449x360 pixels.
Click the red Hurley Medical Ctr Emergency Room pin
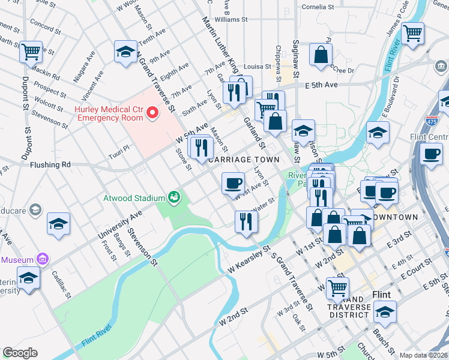point(152,112)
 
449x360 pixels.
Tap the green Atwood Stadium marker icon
point(174,197)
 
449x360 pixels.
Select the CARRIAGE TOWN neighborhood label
point(243,160)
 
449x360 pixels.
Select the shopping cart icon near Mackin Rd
point(31,51)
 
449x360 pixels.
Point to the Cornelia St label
point(318,7)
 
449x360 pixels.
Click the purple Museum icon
point(42,259)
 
